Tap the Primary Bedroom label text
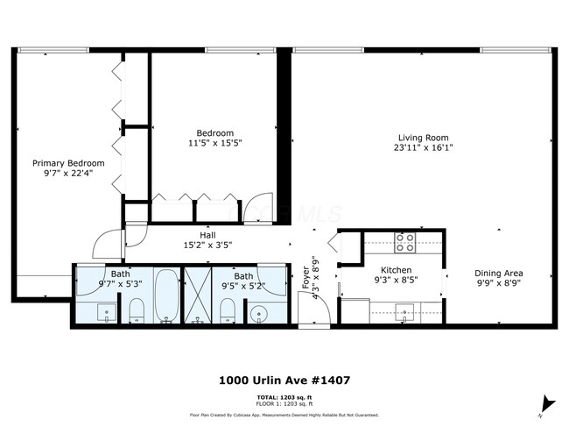click(68, 163)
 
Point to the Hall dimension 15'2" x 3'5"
click(207, 246)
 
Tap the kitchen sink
click(405, 310)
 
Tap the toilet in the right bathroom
click(226, 310)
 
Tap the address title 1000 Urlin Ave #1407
click(284, 381)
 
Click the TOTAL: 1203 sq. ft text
click(284, 397)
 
